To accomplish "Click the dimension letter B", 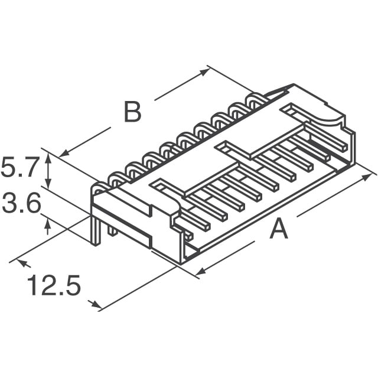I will click(x=132, y=112).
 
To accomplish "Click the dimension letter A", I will click(x=279, y=229).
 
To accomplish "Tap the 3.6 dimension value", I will click(x=21, y=205).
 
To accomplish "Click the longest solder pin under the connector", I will click(x=95, y=231).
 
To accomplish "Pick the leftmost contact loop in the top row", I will click(x=115, y=177).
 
